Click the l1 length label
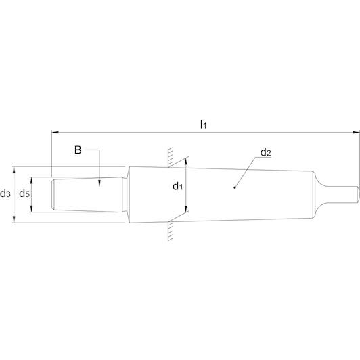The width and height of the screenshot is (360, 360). tap(203, 125)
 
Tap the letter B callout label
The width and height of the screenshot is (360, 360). tap(78, 150)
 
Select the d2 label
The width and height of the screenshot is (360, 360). tap(266, 152)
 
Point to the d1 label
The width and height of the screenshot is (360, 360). tap(178, 186)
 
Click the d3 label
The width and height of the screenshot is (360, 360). tap(5, 194)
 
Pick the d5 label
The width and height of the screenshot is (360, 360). tap(24, 194)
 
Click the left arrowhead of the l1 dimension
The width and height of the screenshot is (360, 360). tap(55, 132)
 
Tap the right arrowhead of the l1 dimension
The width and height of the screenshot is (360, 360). tap(356, 132)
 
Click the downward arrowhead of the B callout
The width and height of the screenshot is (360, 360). tap(99, 183)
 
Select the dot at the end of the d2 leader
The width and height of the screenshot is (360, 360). tap(235, 187)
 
